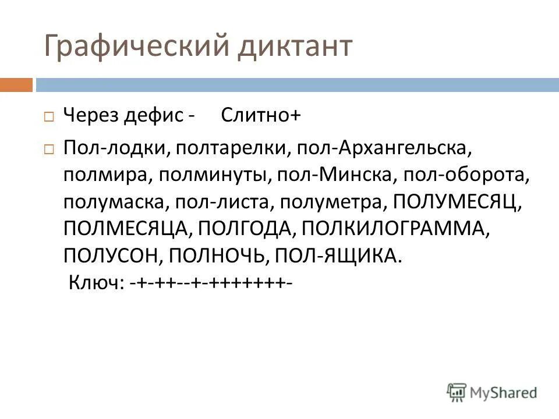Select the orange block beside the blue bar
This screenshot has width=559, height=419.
tap(16, 85)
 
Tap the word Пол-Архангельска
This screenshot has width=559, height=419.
tap(384, 148)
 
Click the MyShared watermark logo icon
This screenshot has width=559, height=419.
tap(457, 392)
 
